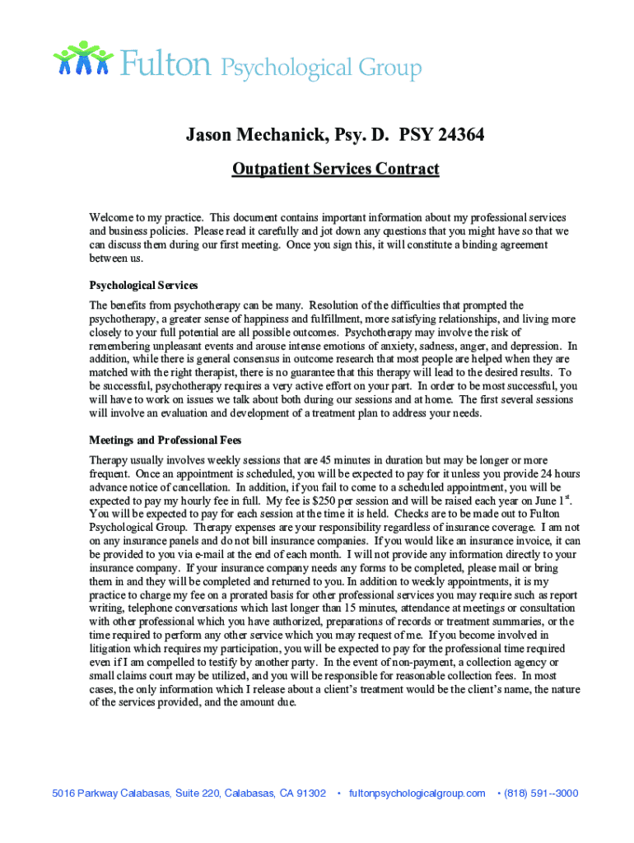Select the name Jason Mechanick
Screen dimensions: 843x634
250,134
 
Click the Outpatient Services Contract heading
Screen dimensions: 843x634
335,170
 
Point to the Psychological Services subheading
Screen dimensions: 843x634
143,286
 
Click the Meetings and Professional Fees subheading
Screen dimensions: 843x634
165,440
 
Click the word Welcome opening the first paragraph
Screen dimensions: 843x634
111,217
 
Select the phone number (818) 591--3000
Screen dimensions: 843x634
541,794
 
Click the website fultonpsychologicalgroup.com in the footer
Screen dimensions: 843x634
417,794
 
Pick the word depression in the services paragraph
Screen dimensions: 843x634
536,347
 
